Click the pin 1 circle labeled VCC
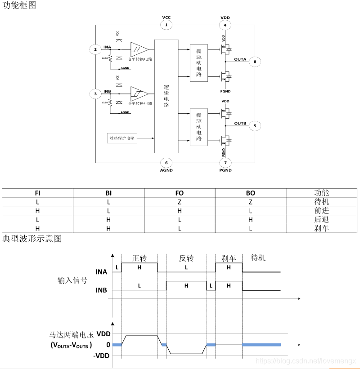click(166, 25)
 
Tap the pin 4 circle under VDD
click(225, 25)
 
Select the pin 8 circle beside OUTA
click(255, 62)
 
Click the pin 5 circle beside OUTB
click(255, 125)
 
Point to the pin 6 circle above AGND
click(166, 163)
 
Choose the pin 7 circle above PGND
click(225, 163)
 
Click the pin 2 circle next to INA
click(95, 49)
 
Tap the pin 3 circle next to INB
click(95, 94)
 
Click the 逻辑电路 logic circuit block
click(166, 96)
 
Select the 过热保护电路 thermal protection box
click(122, 138)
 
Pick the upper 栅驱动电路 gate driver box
click(199, 63)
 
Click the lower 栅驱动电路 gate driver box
click(199, 127)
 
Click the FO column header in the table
click(180, 193)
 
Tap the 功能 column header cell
click(322, 193)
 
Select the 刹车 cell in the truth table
click(322, 228)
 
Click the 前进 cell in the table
click(322, 211)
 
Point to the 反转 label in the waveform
click(186, 258)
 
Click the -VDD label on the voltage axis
click(102, 356)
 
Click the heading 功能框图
click(19, 5)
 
